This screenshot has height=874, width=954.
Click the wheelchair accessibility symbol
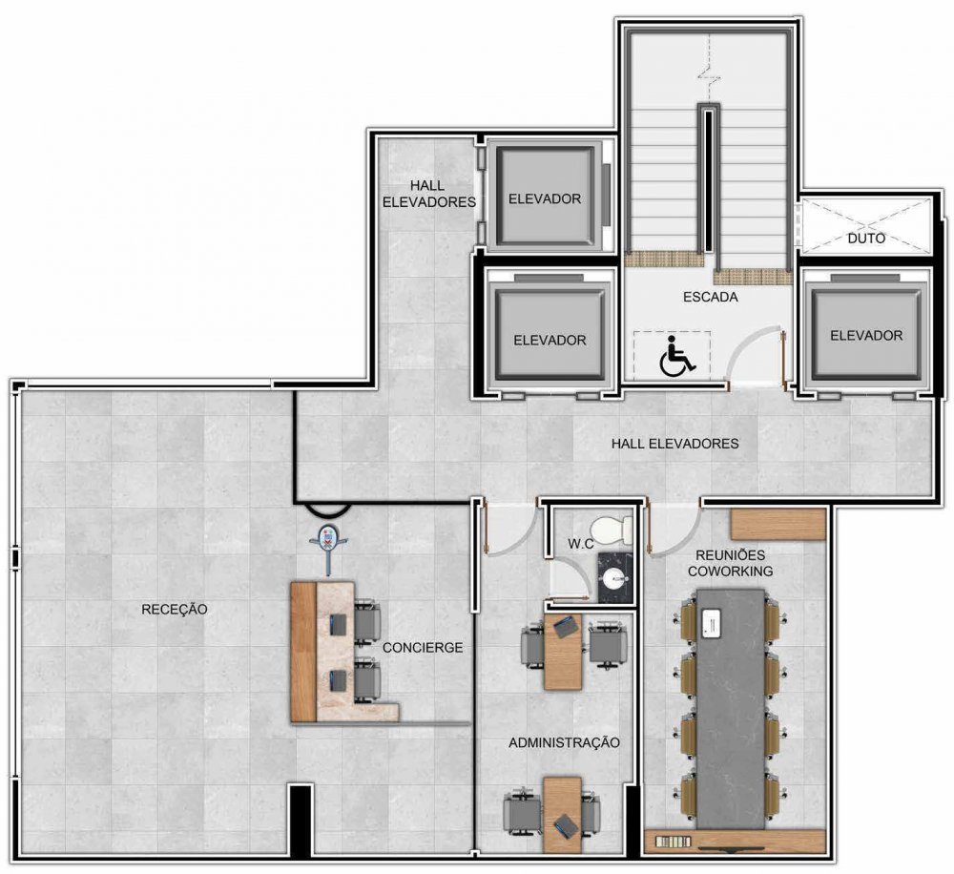tap(677, 355)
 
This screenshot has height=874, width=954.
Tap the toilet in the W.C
tap(612, 530)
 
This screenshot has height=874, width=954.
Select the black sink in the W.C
tap(615, 577)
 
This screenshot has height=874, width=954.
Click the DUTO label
tap(866, 238)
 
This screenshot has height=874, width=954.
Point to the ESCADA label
tap(710, 297)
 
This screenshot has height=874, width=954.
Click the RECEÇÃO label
tap(174, 610)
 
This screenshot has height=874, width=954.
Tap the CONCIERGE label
tap(423, 648)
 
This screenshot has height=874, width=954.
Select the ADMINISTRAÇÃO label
tap(564, 742)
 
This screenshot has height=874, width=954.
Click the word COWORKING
tap(730, 571)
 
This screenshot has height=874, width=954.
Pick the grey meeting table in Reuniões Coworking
tap(731, 708)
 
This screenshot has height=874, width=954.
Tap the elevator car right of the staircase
tap(866, 335)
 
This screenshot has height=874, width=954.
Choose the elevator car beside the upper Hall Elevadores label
tap(545, 198)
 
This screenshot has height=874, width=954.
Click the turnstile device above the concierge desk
tap(328, 543)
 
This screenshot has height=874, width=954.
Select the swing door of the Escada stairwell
tap(757, 357)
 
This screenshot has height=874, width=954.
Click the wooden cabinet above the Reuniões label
tap(778, 525)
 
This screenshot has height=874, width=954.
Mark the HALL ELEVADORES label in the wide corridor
tap(674, 444)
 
